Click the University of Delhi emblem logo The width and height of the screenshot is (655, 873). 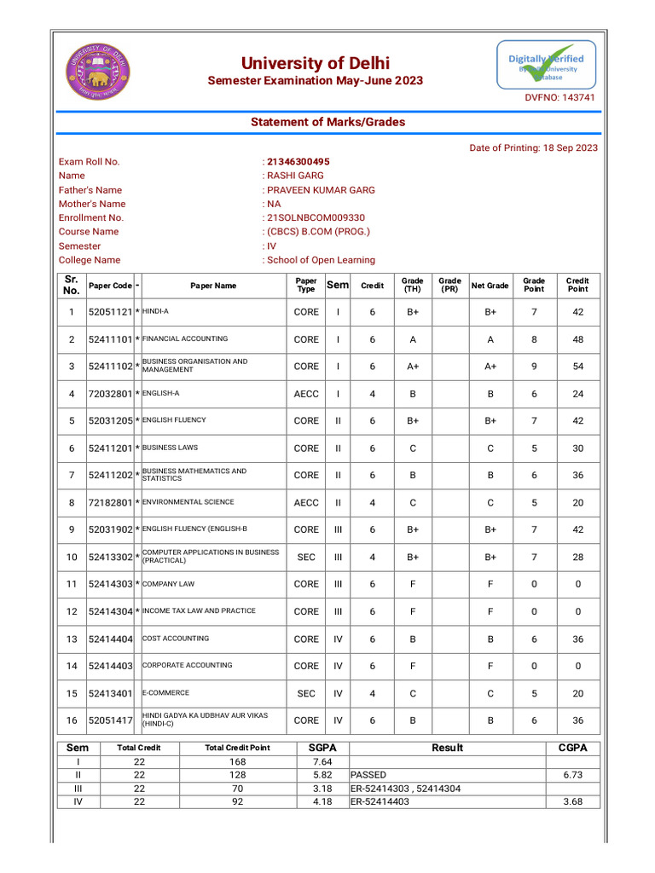pyautogui.click(x=98, y=71)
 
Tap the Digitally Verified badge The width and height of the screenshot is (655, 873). pyautogui.click(x=547, y=66)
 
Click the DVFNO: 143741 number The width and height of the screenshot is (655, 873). pyautogui.click(x=559, y=98)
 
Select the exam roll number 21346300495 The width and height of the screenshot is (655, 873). pyautogui.click(x=299, y=162)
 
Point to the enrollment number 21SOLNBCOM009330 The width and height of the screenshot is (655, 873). pyautogui.click(x=316, y=218)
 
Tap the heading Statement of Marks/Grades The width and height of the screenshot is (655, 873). pyautogui.click(x=327, y=122)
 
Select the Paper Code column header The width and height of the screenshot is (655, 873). pyautogui.click(x=111, y=286)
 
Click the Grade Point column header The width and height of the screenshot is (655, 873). pyautogui.click(x=534, y=285)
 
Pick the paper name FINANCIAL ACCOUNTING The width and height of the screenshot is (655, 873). pyautogui.click(x=185, y=339)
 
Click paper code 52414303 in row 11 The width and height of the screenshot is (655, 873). pyautogui.click(x=111, y=584)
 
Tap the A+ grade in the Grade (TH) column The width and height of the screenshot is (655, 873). pyautogui.click(x=413, y=367)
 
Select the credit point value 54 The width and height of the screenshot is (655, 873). pyautogui.click(x=577, y=367)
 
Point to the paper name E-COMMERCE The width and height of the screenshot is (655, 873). pyautogui.click(x=165, y=693)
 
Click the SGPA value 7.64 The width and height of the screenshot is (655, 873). pyautogui.click(x=322, y=761)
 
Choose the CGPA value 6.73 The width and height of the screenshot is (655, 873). pyautogui.click(x=572, y=775)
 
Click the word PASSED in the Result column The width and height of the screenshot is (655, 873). pyautogui.click(x=368, y=775)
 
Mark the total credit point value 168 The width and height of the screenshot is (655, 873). pyautogui.click(x=237, y=761)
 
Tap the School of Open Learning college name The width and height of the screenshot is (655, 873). pyautogui.click(x=321, y=260)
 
